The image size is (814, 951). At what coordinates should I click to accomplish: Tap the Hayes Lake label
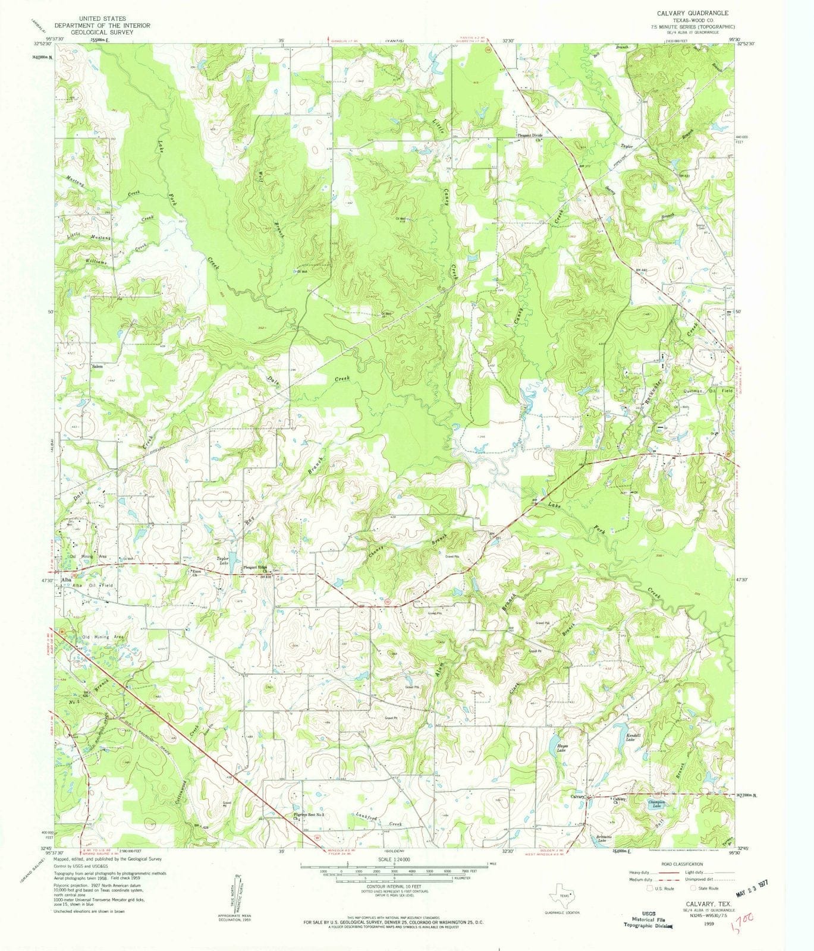pyautogui.click(x=561, y=750)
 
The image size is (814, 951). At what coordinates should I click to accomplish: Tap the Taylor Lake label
pyautogui.click(x=223, y=560)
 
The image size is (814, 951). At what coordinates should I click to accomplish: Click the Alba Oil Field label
pyautogui.click(x=92, y=585)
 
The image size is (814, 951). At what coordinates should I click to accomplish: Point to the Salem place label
pyautogui.click(x=98, y=366)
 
